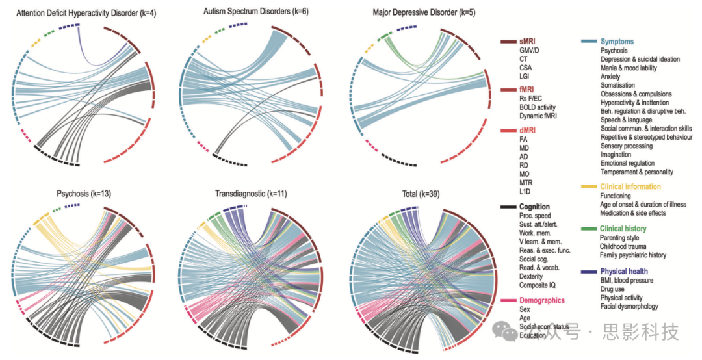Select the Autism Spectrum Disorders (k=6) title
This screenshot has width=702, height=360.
247,12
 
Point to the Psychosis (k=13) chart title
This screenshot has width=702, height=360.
83,194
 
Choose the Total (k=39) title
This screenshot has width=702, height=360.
421,194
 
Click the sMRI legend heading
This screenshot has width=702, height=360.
528,42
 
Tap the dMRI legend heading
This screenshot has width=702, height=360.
528,130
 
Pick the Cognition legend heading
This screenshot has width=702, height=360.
535,207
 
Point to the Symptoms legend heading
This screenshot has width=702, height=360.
617,42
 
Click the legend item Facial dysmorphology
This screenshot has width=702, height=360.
629,307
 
